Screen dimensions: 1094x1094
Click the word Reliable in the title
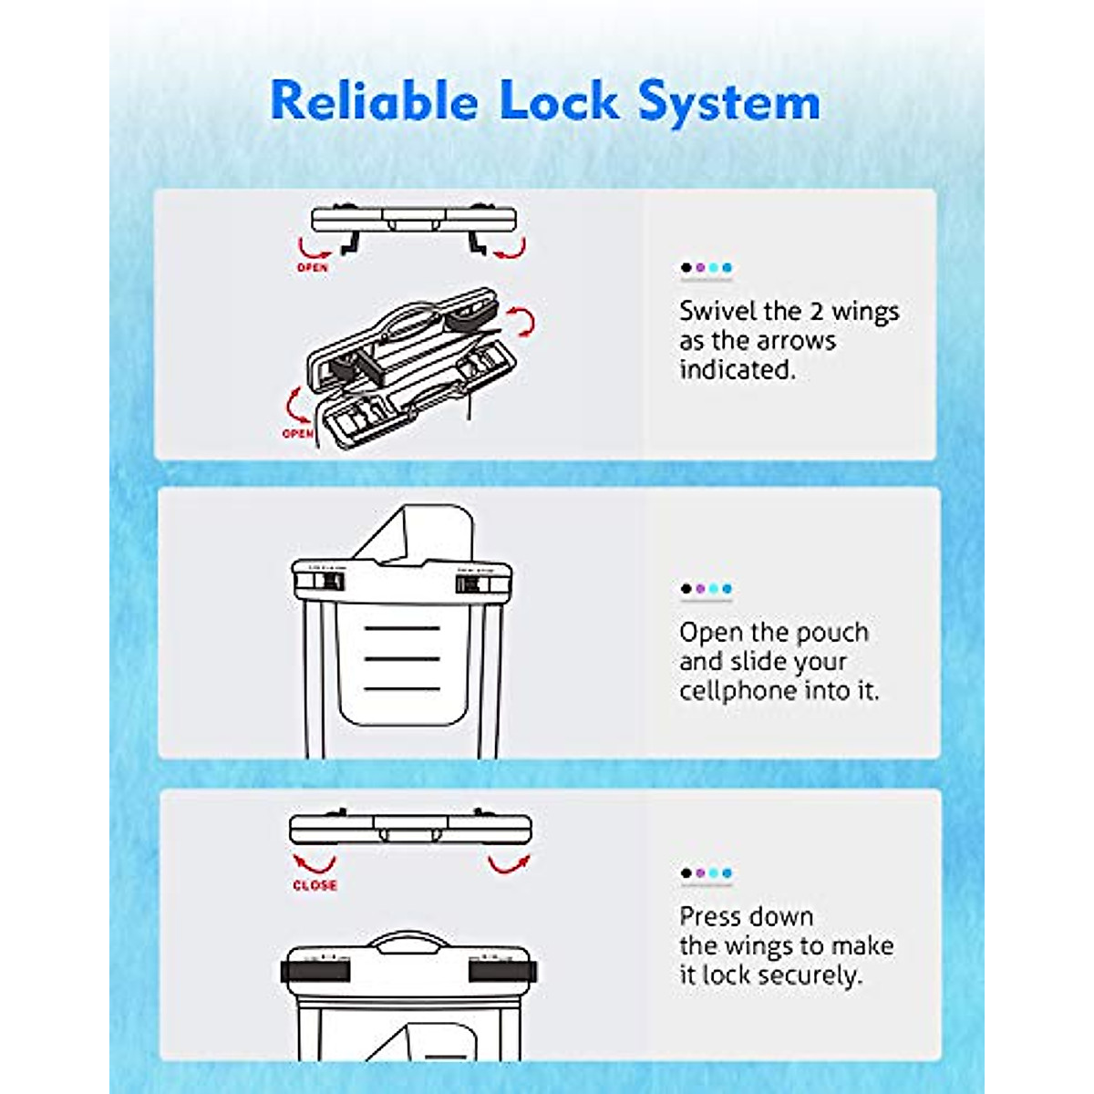coord(374,100)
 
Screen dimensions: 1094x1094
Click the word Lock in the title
coord(559,100)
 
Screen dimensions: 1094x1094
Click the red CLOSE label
coord(315,885)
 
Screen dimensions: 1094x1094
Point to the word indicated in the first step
coord(738,369)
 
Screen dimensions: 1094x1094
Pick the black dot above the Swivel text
coord(686,267)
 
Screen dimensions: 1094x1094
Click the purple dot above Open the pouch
coord(700,588)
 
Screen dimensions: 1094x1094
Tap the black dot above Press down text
coord(686,872)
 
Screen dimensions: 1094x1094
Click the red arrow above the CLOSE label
coord(314,863)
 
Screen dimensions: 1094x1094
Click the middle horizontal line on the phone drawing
coord(402,658)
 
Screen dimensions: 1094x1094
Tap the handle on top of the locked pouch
coord(408,942)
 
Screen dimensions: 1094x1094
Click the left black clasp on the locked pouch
coord(315,971)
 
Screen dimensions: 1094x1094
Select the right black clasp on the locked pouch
coord(502,971)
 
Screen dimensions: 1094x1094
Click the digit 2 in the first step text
coord(815,312)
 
